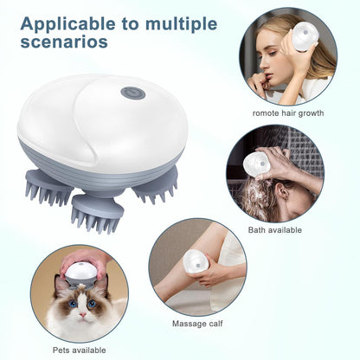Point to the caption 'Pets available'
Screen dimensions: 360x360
(x=79, y=349)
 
